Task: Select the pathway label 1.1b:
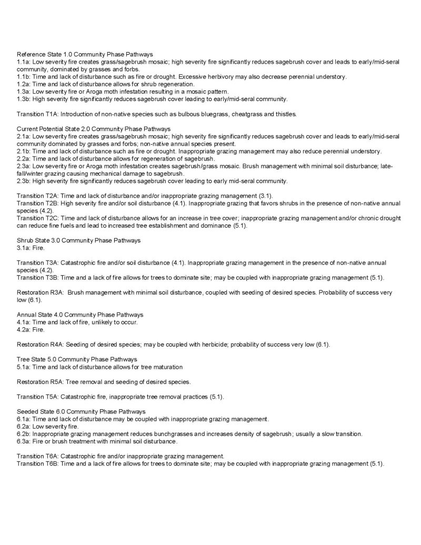point(24,77)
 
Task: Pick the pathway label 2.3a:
point(24,166)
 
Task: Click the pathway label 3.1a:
point(24,247)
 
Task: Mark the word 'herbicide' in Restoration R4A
point(219,344)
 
